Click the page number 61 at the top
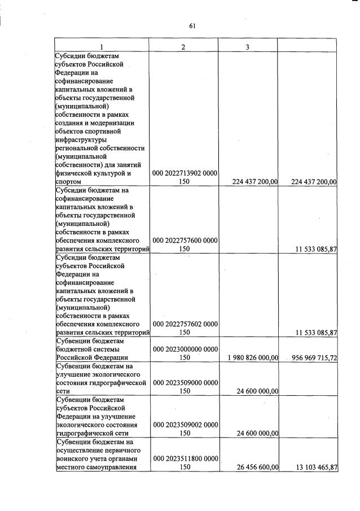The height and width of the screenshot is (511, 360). (192, 25)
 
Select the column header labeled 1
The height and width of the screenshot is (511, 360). (102, 46)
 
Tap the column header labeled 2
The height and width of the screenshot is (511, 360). (183, 46)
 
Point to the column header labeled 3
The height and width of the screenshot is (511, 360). (248, 46)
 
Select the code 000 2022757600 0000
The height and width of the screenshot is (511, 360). (185, 240)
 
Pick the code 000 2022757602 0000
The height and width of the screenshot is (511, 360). (185, 324)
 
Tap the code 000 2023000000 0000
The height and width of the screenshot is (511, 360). (185, 349)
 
